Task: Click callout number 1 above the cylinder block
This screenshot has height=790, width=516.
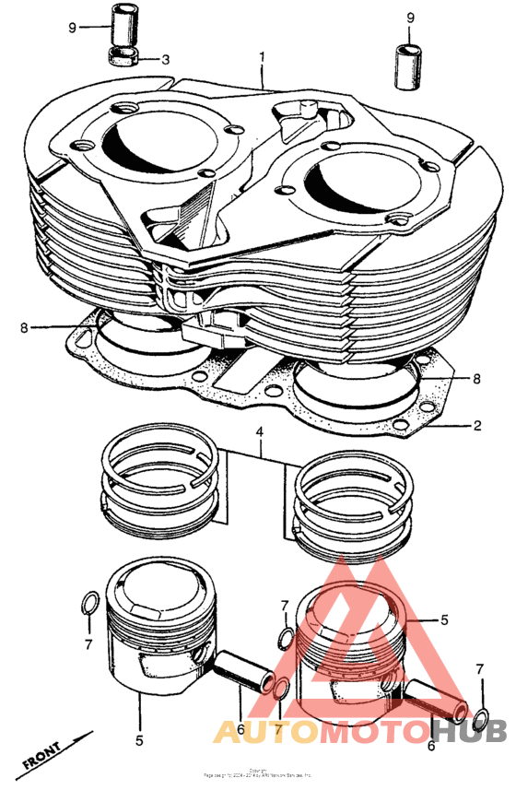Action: coord(262,57)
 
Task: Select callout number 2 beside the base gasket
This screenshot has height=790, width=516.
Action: coord(477,426)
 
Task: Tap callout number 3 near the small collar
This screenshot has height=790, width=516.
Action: coord(165,60)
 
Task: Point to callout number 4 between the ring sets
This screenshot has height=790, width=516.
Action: coord(261,431)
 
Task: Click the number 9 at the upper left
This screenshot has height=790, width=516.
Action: coord(72,27)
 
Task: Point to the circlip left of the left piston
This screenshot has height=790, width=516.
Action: coord(88,604)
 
